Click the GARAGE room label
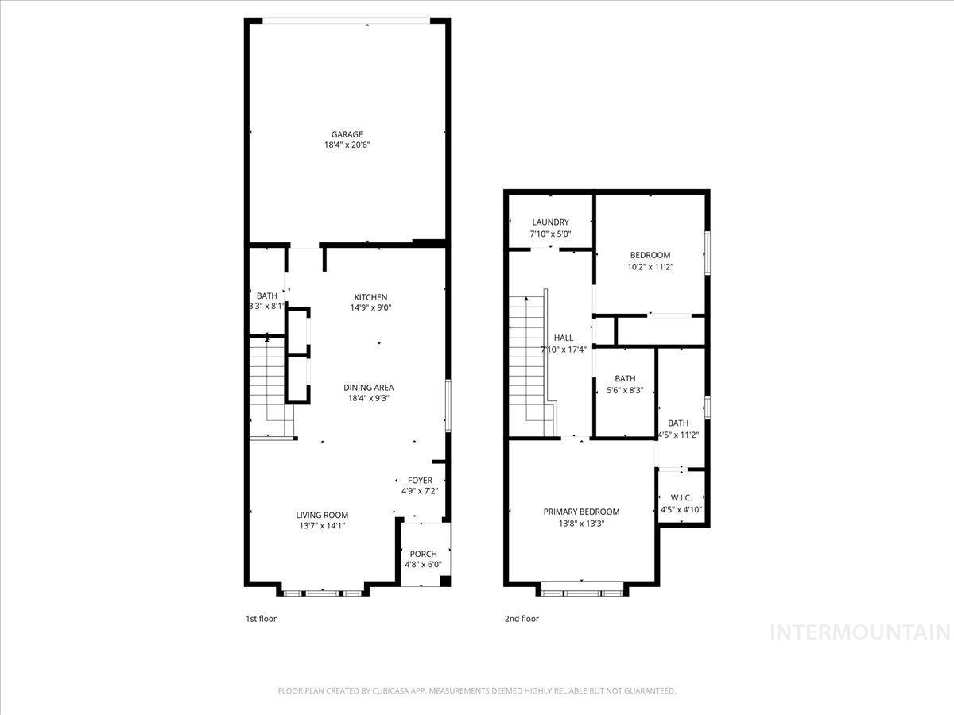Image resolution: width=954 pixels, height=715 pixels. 347,134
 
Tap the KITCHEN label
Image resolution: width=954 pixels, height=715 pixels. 370,297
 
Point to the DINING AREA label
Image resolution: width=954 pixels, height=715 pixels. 368,388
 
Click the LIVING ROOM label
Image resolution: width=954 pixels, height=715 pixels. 322,515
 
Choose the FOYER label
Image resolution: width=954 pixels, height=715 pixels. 420,480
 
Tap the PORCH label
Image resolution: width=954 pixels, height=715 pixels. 423,554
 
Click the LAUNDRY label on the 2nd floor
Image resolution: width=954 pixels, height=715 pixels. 550,222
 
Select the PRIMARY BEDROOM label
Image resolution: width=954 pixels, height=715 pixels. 581,512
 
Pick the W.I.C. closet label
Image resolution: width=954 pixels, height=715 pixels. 681,498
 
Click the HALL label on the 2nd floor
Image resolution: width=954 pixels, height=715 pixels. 563,338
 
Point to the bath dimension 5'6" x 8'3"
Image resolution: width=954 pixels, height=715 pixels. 625,390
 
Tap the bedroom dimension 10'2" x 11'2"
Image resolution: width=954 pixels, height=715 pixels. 650,267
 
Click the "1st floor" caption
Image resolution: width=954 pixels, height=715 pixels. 261,618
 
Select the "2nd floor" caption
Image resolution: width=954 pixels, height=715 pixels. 522,618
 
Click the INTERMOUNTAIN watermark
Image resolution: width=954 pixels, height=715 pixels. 861,633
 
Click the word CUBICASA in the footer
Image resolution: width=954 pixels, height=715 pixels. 389,691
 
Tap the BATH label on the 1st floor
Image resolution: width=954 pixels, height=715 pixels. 267,296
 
